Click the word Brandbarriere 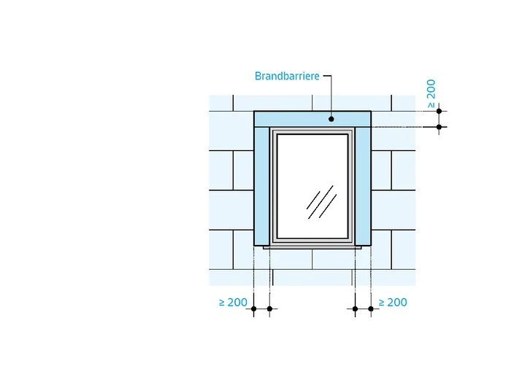point(287,76)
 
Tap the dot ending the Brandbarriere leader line point(331,119)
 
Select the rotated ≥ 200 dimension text point(431,93)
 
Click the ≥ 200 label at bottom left point(233,302)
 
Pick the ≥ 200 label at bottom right point(393,302)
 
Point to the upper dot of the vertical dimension point(439,112)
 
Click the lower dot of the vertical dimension point(439,127)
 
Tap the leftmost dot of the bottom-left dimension point(253,308)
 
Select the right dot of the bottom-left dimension point(269,308)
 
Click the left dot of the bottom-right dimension point(355,308)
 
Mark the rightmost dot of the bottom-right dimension point(371,308)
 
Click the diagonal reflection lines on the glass point(321,202)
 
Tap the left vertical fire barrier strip point(261,186)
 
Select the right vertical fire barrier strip point(363,186)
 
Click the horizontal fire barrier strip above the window point(312,119)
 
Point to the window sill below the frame point(312,247)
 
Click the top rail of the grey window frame point(312,131)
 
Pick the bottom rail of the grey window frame point(312,241)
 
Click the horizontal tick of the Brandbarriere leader point(327,76)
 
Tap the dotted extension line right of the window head point(404,127)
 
